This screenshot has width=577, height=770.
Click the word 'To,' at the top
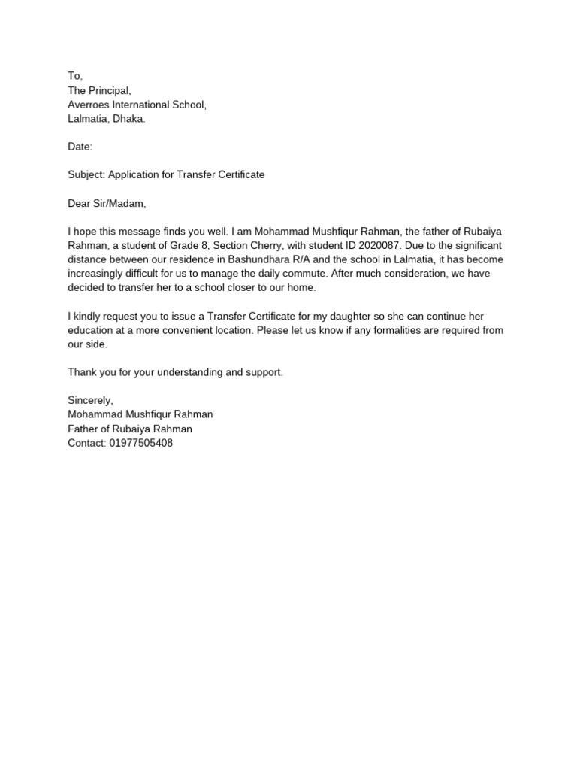pyautogui.click(x=75, y=76)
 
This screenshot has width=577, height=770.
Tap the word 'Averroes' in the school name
pyautogui.click(x=89, y=105)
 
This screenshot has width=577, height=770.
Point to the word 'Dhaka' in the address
pyautogui.click(x=129, y=119)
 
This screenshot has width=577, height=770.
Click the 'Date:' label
pyautogui.click(x=80, y=147)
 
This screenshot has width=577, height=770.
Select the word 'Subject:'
pyautogui.click(x=86, y=174)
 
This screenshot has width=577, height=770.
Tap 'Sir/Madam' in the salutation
pyautogui.click(x=119, y=203)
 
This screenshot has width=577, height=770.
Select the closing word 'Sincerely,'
pyautogui.click(x=91, y=401)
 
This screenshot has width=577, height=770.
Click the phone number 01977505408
pyautogui.click(x=141, y=443)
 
